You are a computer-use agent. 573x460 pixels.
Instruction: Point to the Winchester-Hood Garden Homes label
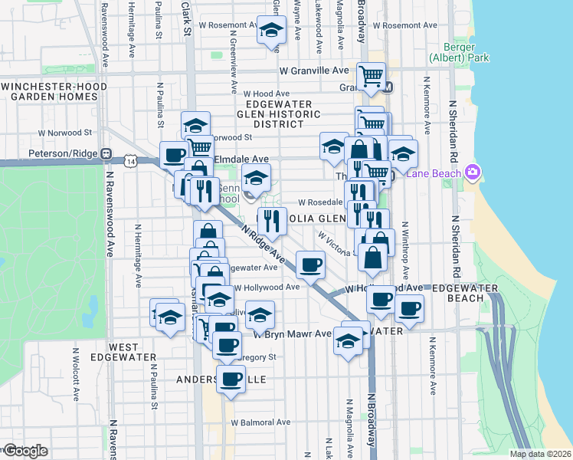pos(54,92)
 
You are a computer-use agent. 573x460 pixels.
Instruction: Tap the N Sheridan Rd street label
pos(454,130)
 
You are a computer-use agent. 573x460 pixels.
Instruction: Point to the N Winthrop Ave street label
pos(405,253)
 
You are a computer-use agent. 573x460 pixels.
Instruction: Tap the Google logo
pos(25,450)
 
